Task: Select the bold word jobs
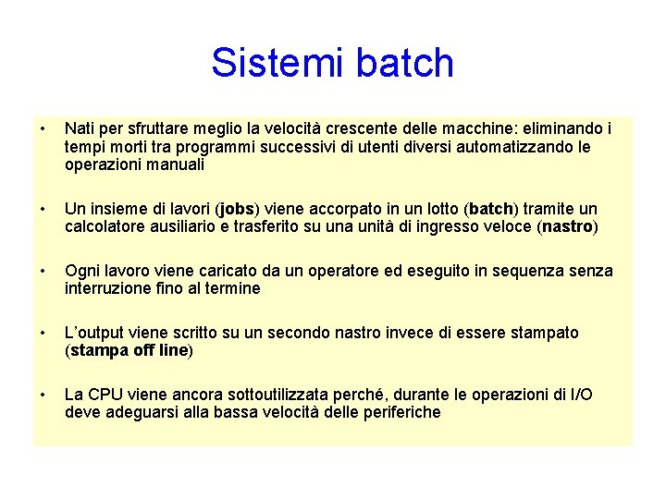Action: coord(238,209)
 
